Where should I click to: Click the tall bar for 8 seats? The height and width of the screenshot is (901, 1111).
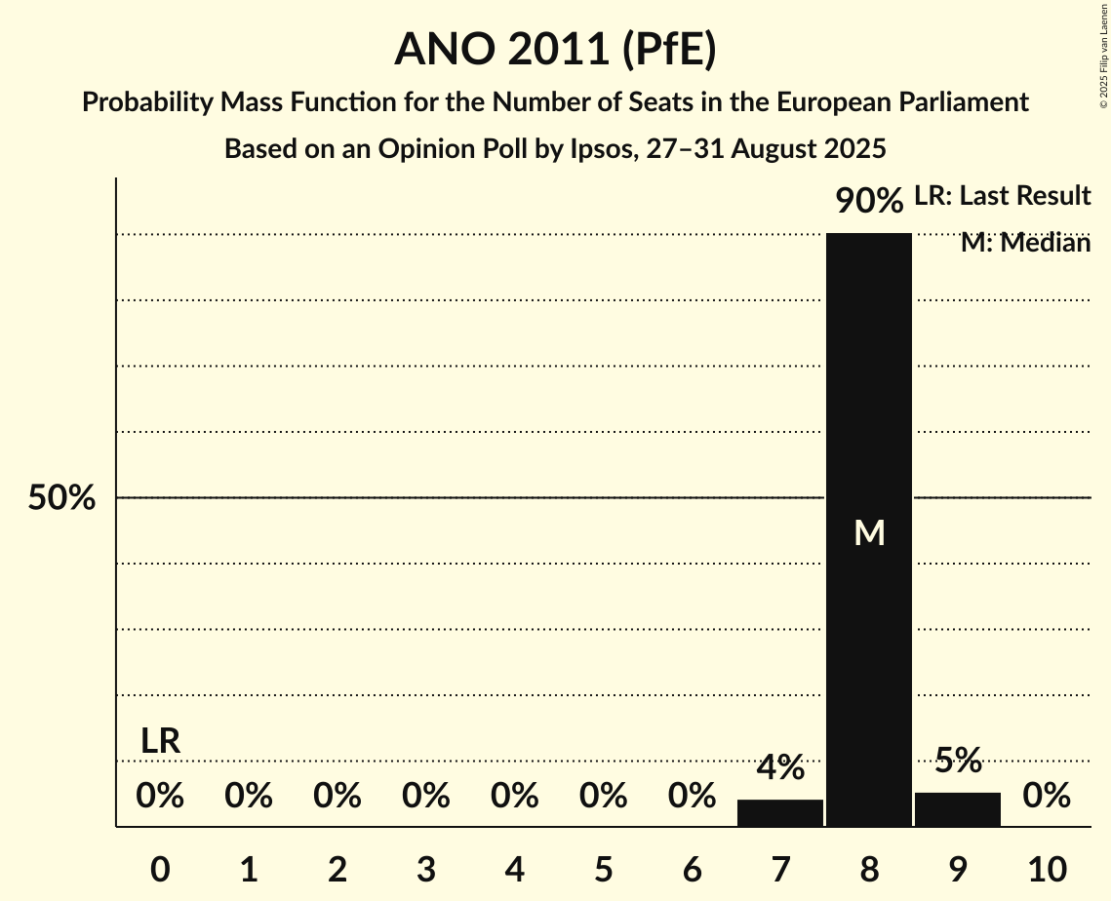pos(868,390)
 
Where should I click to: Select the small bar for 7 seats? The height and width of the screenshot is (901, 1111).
pos(779,813)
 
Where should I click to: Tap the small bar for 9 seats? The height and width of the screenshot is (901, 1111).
pos(957,810)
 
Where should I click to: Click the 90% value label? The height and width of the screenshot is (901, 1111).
pos(868,201)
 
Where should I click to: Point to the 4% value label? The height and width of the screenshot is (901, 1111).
pos(779,766)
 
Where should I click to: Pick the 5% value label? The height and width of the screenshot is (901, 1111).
pos(957,760)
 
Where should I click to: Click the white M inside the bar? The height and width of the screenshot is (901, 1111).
pos(868,532)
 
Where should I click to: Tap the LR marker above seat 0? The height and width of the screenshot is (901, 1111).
pos(160,741)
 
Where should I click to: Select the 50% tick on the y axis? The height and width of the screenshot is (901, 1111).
pos(61,498)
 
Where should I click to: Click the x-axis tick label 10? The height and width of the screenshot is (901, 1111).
pos(1046,868)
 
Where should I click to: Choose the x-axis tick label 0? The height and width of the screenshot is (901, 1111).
pos(160,868)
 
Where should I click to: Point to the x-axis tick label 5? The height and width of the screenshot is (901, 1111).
pos(603,868)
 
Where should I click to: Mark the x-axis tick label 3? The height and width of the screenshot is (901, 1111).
pos(425,868)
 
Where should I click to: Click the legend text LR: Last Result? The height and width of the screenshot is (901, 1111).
pos(1002,196)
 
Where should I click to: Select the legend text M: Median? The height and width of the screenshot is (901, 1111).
pos(1025,243)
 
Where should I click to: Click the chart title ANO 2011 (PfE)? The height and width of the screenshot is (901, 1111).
pos(555,50)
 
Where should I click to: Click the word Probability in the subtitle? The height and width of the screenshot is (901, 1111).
pos(149,101)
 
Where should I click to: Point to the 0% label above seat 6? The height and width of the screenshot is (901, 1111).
pos(692,796)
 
